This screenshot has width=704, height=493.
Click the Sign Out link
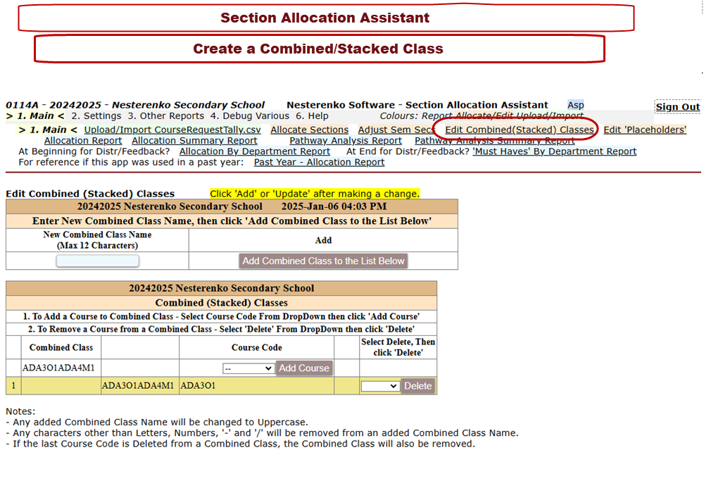pos(677,107)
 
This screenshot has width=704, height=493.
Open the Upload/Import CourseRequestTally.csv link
pos(172,130)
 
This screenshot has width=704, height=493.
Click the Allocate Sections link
pos(309,130)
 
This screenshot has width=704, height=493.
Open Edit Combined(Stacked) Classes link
pos(520,130)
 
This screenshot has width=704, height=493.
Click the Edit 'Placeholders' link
pos(645,130)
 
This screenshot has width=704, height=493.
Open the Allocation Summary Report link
pos(194,141)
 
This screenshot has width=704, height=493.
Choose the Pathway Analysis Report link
pos(346,141)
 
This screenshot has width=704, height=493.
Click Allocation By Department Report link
pos(254,151)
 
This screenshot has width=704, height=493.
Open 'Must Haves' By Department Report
pos(554,151)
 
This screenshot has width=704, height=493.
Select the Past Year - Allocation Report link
pos(319,162)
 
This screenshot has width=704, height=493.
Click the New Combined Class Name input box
pos(97,261)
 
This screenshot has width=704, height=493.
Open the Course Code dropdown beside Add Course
pos(248,368)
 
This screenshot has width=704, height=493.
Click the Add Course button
pos(304,368)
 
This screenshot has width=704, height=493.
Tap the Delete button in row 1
pos(417,386)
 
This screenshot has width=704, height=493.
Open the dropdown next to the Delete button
pos(380,386)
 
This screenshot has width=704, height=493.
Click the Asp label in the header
pos(575,105)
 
